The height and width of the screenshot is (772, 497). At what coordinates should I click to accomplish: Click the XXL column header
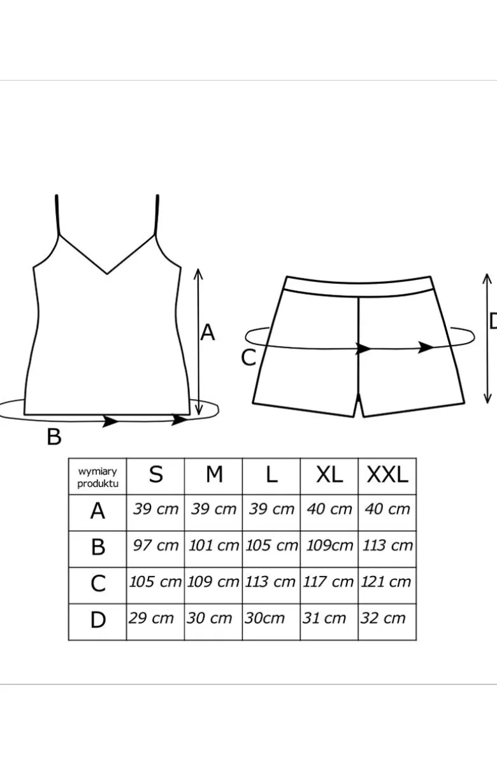(387, 475)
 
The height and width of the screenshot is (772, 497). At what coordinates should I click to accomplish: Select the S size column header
(155, 475)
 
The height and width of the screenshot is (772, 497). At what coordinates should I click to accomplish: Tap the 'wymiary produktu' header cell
(97, 477)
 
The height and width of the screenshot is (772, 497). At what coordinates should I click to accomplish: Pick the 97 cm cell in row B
(155, 545)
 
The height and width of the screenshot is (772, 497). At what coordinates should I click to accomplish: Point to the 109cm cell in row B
(329, 545)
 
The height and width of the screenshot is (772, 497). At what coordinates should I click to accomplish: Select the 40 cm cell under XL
(329, 509)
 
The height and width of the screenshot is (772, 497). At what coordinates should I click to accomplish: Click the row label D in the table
(97, 620)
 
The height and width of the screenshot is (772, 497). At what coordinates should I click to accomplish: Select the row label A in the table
(97, 511)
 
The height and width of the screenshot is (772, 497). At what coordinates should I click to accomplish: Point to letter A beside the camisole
(208, 332)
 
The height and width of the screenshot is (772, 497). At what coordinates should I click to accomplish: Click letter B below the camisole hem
(54, 437)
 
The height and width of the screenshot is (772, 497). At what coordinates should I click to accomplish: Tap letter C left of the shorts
(248, 358)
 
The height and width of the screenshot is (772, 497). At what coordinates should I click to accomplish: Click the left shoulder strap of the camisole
(57, 215)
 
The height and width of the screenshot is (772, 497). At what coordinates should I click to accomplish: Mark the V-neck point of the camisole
(107, 274)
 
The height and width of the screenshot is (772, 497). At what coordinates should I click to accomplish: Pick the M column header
(214, 475)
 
